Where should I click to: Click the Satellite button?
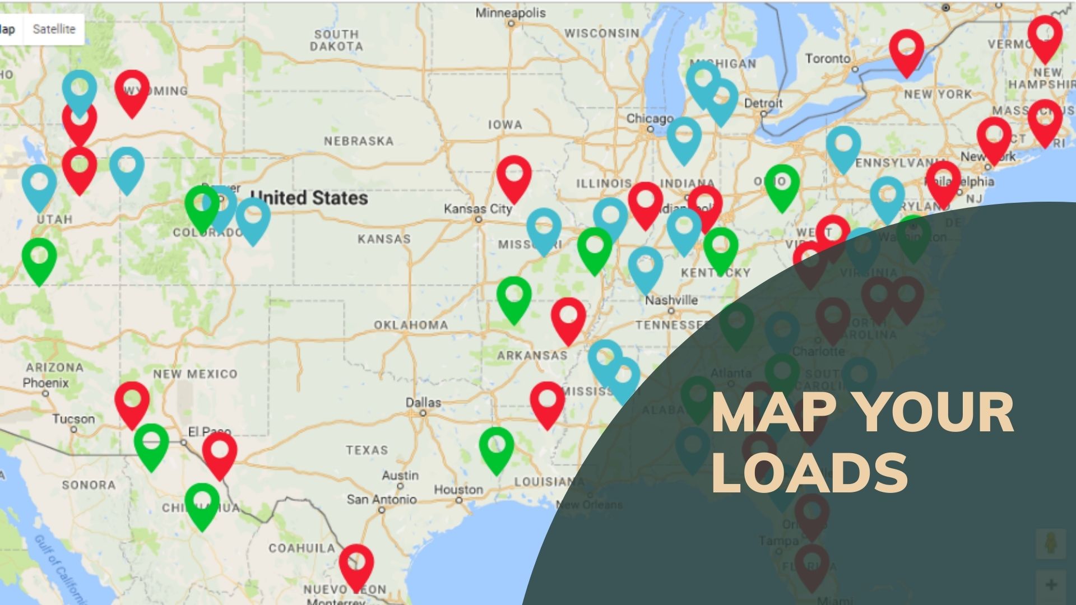(54, 29)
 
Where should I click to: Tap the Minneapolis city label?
(510, 12)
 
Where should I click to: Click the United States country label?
(309, 198)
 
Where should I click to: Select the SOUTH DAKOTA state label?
(336, 40)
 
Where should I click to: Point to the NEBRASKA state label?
(359, 141)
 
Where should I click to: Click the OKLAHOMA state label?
(411, 325)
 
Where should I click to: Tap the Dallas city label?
(423, 403)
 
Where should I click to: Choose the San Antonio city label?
(382, 499)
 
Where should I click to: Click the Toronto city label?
(828, 58)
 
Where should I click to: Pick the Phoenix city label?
(45, 383)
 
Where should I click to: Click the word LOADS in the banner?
(809, 473)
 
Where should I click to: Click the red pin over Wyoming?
(132, 90)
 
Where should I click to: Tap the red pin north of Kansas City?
(514, 175)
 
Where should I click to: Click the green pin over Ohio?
(782, 184)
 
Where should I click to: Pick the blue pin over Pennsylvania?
(843, 146)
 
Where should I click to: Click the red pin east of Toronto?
(907, 49)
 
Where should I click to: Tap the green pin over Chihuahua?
(202, 503)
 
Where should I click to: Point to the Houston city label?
(458, 490)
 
